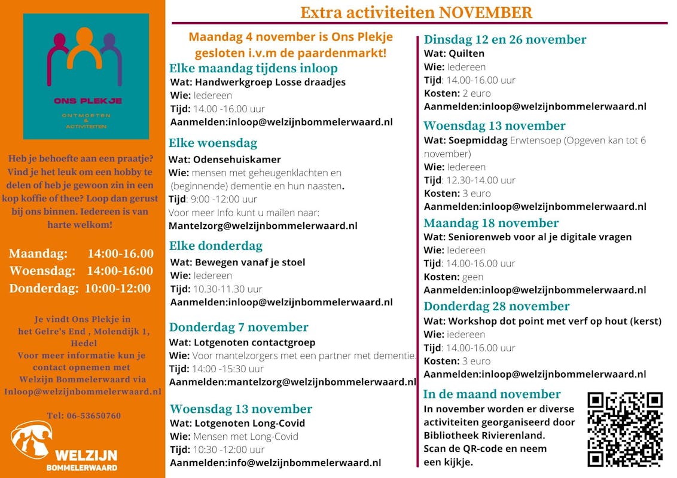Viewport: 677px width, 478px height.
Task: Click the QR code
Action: pos(625,429)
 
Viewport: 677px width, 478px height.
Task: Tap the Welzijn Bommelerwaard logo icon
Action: pos(31,440)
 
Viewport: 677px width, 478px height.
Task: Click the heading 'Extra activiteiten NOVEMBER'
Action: pos(416,13)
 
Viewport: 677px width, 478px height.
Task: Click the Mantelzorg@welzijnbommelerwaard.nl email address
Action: pos(263,226)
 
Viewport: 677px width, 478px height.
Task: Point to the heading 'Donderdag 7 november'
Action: pos(239,327)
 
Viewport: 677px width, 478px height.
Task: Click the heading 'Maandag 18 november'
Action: pos(491,223)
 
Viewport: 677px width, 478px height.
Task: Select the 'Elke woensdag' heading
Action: pos(213,143)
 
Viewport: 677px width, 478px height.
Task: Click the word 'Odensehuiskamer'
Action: pos(237,160)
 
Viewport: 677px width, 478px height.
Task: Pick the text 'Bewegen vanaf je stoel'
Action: pos(249,262)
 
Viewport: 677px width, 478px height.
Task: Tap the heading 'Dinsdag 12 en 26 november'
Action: pos(505,39)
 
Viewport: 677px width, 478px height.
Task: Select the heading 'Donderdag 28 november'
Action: pos(496,306)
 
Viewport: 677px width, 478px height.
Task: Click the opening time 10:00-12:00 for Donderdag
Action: pos(117,288)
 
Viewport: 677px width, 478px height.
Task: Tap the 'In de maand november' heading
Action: pos(492,394)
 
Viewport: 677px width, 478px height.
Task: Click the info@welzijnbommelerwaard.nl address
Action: pos(303,462)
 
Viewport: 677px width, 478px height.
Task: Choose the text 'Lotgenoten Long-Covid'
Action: pos(249,423)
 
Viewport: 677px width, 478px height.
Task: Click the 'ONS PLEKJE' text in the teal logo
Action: pos(87,101)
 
